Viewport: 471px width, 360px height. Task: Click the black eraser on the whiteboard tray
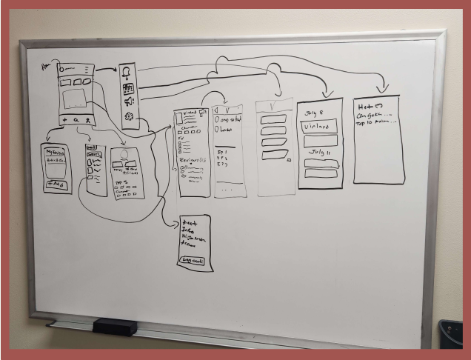[114, 326]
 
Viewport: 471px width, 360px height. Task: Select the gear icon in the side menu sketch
[130, 117]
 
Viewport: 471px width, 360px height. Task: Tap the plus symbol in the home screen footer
[64, 119]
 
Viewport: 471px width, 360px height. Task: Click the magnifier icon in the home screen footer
[76, 119]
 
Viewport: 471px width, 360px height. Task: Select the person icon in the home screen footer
[87, 119]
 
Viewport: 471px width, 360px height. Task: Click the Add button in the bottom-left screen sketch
[56, 183]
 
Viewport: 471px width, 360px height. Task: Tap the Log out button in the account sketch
[194, 261]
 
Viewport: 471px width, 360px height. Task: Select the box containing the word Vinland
[320, 125]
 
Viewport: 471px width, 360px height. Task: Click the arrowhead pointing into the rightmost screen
[382, 89]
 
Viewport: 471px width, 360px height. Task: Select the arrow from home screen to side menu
[108, 70]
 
